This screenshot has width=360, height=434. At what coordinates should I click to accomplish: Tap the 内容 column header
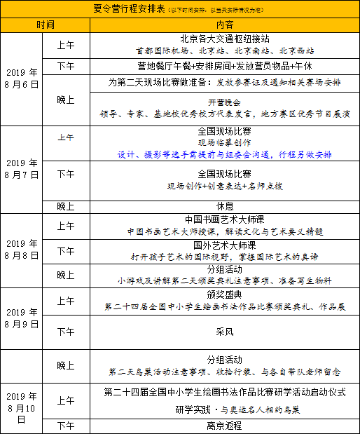click(224, 24)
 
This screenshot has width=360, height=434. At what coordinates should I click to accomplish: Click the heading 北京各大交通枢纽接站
click(225, 39)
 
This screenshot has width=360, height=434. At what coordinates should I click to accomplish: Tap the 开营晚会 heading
click(225, 101)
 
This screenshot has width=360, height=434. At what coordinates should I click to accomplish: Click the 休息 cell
click(225, 207)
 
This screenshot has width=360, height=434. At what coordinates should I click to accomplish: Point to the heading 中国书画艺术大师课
click(225, 219)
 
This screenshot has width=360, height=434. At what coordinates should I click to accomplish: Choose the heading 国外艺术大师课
click(225, 245)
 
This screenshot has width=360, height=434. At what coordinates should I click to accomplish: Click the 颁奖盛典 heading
click(225, 294)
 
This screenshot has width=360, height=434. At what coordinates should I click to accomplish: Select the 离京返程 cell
click(225, 426)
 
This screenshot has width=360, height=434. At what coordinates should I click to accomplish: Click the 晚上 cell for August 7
click(66, 207)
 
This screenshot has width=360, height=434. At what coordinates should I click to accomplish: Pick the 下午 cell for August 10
click(66, 426)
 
